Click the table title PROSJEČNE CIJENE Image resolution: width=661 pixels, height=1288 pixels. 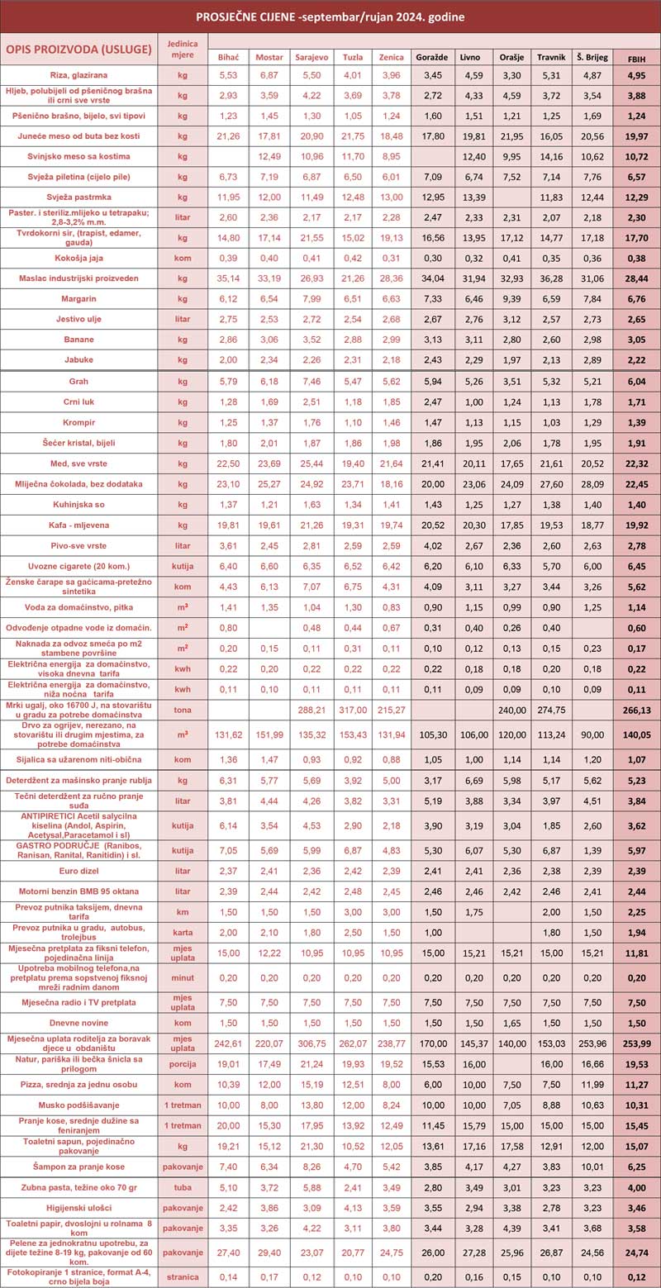pyautogui.click(x=330, y=17)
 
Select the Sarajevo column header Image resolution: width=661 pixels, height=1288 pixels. pyautogui.click(x=310, y=57)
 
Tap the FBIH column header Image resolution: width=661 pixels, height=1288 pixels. pyautogui.click(x=636, y=57)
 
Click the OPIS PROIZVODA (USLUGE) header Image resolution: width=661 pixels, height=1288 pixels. pyautogui.click(x=78, y=49)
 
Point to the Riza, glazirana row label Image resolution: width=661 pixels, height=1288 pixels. pyautogui.click(x=78, y=75)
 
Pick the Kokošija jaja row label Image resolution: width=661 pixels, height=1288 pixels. pyautogui.click(x=78, y=257)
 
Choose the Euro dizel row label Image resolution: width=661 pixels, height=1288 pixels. pyautogui.click(x=78, y=870)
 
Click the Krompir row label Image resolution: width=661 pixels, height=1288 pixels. pyautogui.click(x=78, y=422)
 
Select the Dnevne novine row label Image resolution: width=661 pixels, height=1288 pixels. pyautogui.click(x=78, y=1022)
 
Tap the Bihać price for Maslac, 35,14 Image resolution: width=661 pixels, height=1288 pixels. pyautogui.click(x=227, y=278)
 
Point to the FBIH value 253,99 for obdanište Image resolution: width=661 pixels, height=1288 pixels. pyautogui.click(x=636, y=1043)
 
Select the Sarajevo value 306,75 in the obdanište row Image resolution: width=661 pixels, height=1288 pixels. pyautogui.click(x=310, y=1043)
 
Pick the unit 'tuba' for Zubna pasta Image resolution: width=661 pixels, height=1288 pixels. pyautogui.click(x=183, y=1186)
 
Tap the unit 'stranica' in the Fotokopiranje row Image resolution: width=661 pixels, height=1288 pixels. pyautogui.click(x=183, y=1276)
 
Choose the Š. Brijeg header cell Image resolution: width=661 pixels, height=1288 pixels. pyautogui.click(x=591, y=57)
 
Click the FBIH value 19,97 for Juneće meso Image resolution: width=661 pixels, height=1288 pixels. pyautogui.click(x=636, y=135)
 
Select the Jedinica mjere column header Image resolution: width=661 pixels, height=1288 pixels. pyautogui.click(x=183, y=49)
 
